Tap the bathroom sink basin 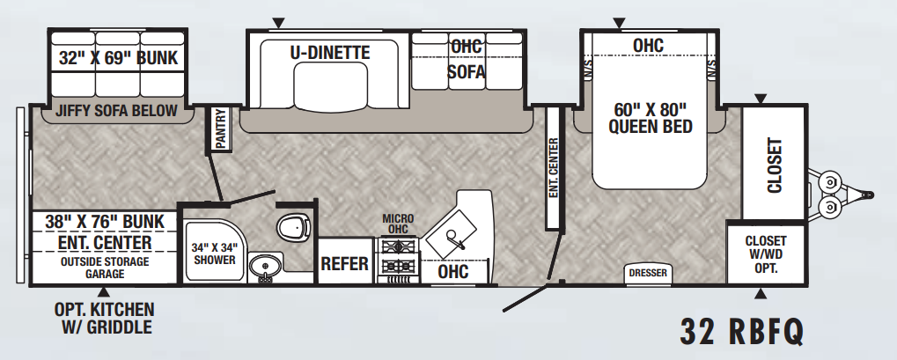click(x=266, y=266)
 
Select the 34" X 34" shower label click(x=214, y=253)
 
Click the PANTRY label click(x=220, y=129)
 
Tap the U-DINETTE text click(x=329, y=53)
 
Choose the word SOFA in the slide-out click(x=466, y=71)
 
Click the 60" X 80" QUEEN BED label click(x=650, y=117)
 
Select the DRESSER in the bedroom click(x=648, y=274)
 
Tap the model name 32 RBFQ click(x=742, y=332)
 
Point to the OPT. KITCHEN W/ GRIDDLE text click(x=104, y=319)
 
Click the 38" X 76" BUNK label click(x=105, y=222)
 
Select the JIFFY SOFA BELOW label click(x=116, y=110)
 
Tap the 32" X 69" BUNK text click(x=118, y=58)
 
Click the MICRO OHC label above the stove click(x=398, y=224)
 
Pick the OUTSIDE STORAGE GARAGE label click(x=105, y=268)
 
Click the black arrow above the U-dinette click(x=278, y=24)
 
